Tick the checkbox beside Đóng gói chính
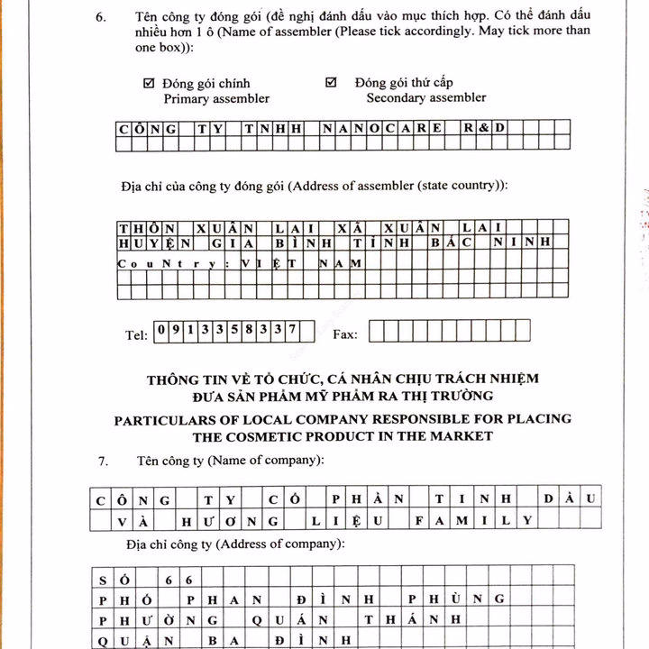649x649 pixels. point(149,83)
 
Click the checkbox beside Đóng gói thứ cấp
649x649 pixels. point(331,82)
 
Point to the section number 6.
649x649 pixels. point(102,17)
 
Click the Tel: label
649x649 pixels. point(136,334)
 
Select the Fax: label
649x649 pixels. point(345,334)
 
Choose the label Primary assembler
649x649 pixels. point(215,99)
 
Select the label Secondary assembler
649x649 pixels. point(425,97)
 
